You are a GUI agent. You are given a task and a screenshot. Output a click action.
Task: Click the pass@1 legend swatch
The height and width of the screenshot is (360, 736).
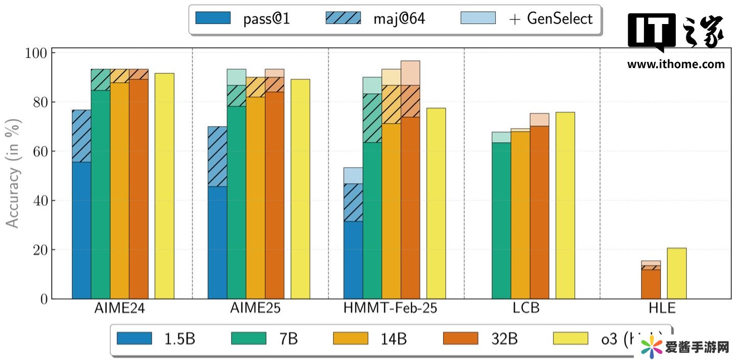point(212,18)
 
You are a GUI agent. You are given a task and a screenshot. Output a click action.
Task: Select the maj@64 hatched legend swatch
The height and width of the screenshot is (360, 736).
point(343,18)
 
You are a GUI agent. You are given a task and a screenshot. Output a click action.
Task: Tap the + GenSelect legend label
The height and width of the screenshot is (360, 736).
point(550,19)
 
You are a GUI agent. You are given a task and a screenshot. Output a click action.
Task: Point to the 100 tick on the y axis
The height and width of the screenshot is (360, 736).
point(35,53)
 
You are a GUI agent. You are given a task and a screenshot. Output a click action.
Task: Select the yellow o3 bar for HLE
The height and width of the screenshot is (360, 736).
point(677,274)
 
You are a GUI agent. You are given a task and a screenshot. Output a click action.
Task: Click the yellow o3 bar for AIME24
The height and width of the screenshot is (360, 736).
point(165,186)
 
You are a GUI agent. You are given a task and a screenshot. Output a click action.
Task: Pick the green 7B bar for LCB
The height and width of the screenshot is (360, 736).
point(501,220)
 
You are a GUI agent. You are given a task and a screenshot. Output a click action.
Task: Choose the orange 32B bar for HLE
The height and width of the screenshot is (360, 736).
point(651,284)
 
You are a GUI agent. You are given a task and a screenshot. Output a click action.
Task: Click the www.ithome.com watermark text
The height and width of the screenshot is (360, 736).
point(676,64)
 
